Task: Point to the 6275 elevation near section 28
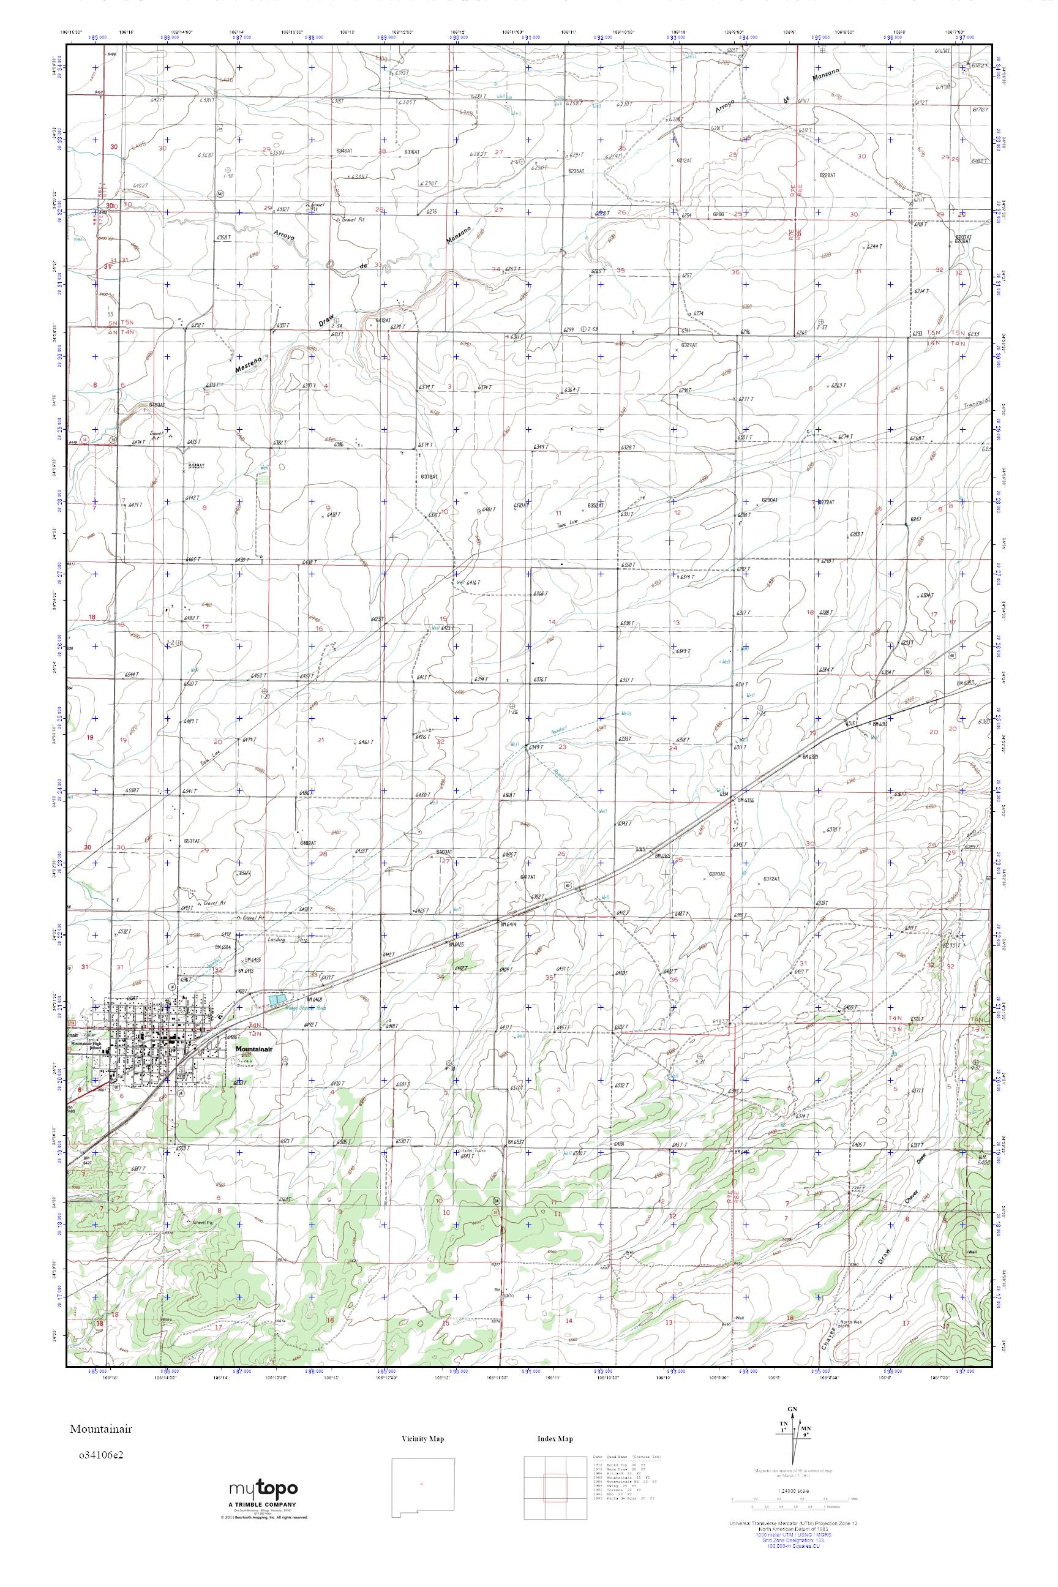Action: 431,211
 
